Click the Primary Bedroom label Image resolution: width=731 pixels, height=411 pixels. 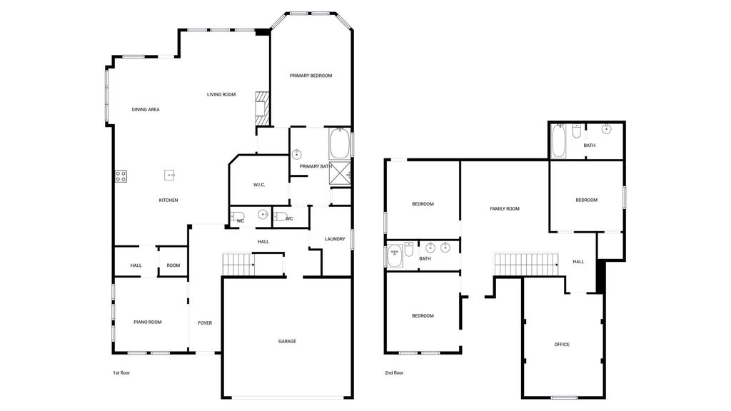point(311,76)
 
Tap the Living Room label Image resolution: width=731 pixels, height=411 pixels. point(221,95)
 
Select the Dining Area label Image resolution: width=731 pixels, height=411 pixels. point(146,109)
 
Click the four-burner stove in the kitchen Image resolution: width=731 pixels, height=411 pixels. point(121,176)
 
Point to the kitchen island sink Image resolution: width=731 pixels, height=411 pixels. point(169,176)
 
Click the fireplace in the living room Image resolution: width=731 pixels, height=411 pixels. point(262,108)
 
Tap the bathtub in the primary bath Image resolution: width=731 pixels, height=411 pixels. point(340,143)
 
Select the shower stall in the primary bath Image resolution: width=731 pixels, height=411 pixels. point(340,173)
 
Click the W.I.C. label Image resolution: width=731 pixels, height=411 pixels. point(259,185)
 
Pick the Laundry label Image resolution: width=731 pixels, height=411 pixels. point(335,239)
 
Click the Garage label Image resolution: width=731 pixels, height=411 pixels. point(287,342)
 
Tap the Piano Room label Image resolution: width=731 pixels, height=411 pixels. point(147,322)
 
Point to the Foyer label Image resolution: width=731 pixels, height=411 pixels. point(205,323)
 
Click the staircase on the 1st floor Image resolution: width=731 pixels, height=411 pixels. point(238,265)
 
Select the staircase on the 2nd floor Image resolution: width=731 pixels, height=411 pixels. point(526,265)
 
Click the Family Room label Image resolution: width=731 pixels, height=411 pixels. point(505,209)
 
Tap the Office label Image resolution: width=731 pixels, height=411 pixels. point(562,345)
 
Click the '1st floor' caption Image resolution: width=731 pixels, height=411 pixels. point(121,372)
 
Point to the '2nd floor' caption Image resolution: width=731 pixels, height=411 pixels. point(394,372)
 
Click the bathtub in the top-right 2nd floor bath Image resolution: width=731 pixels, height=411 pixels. point(558,141)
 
